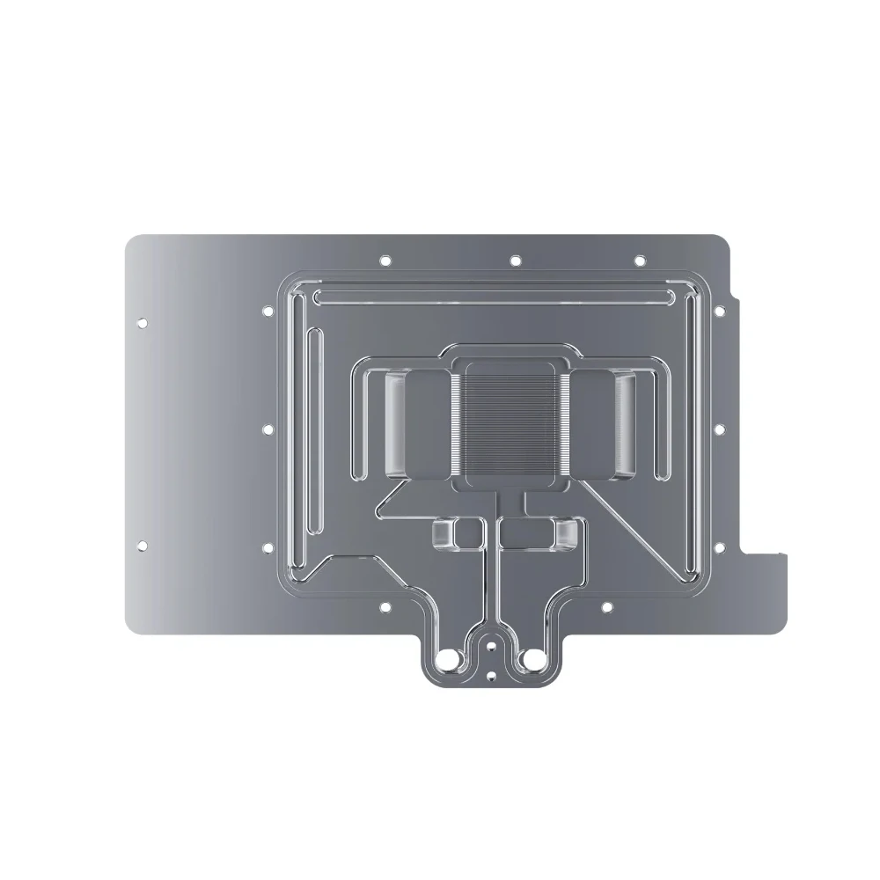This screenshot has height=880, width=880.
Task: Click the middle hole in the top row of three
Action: [516, 260]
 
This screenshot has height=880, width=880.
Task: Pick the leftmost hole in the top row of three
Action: [385, 260]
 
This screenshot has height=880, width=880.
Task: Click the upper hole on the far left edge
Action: [141, 323]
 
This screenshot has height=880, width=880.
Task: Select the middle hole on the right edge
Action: [719, 429]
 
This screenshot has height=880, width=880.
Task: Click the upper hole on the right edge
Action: [719, 311]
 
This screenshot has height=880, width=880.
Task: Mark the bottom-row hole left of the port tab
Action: [385, 606]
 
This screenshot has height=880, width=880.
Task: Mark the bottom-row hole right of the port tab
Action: [605, 606]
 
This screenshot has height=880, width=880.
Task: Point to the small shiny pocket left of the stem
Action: [458, 531]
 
